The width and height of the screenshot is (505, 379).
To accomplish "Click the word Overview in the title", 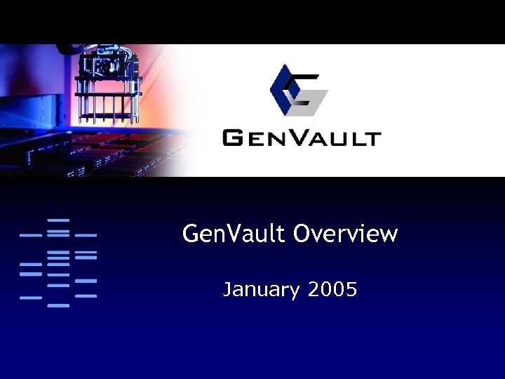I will [x=345, y=234].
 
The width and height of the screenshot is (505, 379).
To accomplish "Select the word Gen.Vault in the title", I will [x=234, y=234].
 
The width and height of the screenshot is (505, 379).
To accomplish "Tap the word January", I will [x=261, y=288].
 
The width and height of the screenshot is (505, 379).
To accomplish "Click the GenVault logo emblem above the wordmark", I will [x=299, y=90].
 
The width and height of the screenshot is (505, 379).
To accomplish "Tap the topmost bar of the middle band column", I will [x=58, y=220].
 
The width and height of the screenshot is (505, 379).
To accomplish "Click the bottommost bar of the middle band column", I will [x=58, y=305].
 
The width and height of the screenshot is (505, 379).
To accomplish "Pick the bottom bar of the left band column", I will [x=31, y=298].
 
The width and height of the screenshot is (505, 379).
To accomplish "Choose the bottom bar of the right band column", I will [x=86, y=296].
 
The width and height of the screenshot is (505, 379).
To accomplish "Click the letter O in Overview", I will [x=302, y=234].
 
